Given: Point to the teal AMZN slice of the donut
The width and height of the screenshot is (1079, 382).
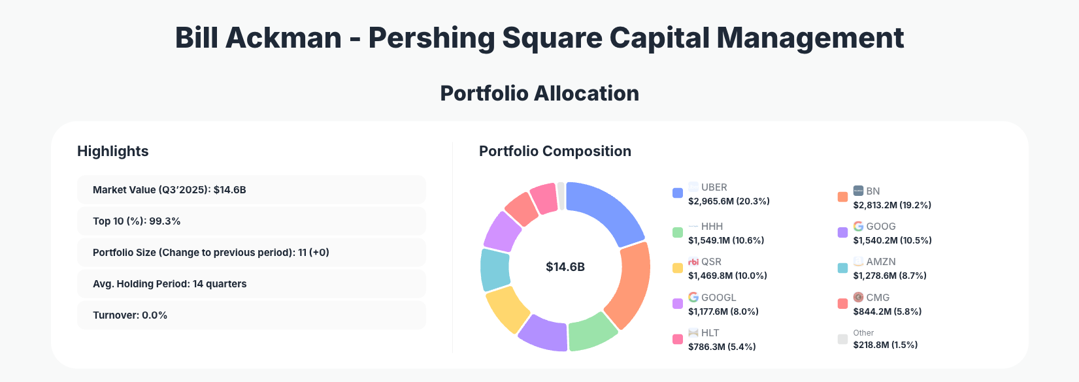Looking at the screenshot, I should pos(495,269).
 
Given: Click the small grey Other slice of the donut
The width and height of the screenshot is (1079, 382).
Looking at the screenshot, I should pos(561,196).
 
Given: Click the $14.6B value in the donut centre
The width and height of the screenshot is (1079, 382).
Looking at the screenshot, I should pos(565,266).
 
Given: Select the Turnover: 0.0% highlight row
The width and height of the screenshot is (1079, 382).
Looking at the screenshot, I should pos(251,315).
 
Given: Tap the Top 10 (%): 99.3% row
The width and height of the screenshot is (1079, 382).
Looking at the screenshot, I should pos(251,221).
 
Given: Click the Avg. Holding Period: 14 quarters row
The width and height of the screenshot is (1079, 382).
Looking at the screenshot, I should pos(251,283).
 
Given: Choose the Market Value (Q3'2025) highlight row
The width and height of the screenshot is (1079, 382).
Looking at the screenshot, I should pos(251,189).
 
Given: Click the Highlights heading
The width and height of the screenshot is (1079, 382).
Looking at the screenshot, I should pos(112,151).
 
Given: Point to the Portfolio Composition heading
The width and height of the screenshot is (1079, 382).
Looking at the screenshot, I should pos(555,151).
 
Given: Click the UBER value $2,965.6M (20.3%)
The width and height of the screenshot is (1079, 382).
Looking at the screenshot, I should pos(729,201).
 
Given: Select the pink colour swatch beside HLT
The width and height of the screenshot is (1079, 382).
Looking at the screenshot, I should pos(678,340).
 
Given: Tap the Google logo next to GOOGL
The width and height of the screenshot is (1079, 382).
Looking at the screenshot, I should pos(693,297).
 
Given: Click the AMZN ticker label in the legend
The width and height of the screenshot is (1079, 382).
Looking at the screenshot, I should pos(880,261).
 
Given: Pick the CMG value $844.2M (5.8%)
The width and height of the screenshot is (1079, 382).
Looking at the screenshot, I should pos(887,311).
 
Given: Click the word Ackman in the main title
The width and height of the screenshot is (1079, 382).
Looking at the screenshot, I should pos(283,38).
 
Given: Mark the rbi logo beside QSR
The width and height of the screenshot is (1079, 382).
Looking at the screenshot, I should pos(693,261).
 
